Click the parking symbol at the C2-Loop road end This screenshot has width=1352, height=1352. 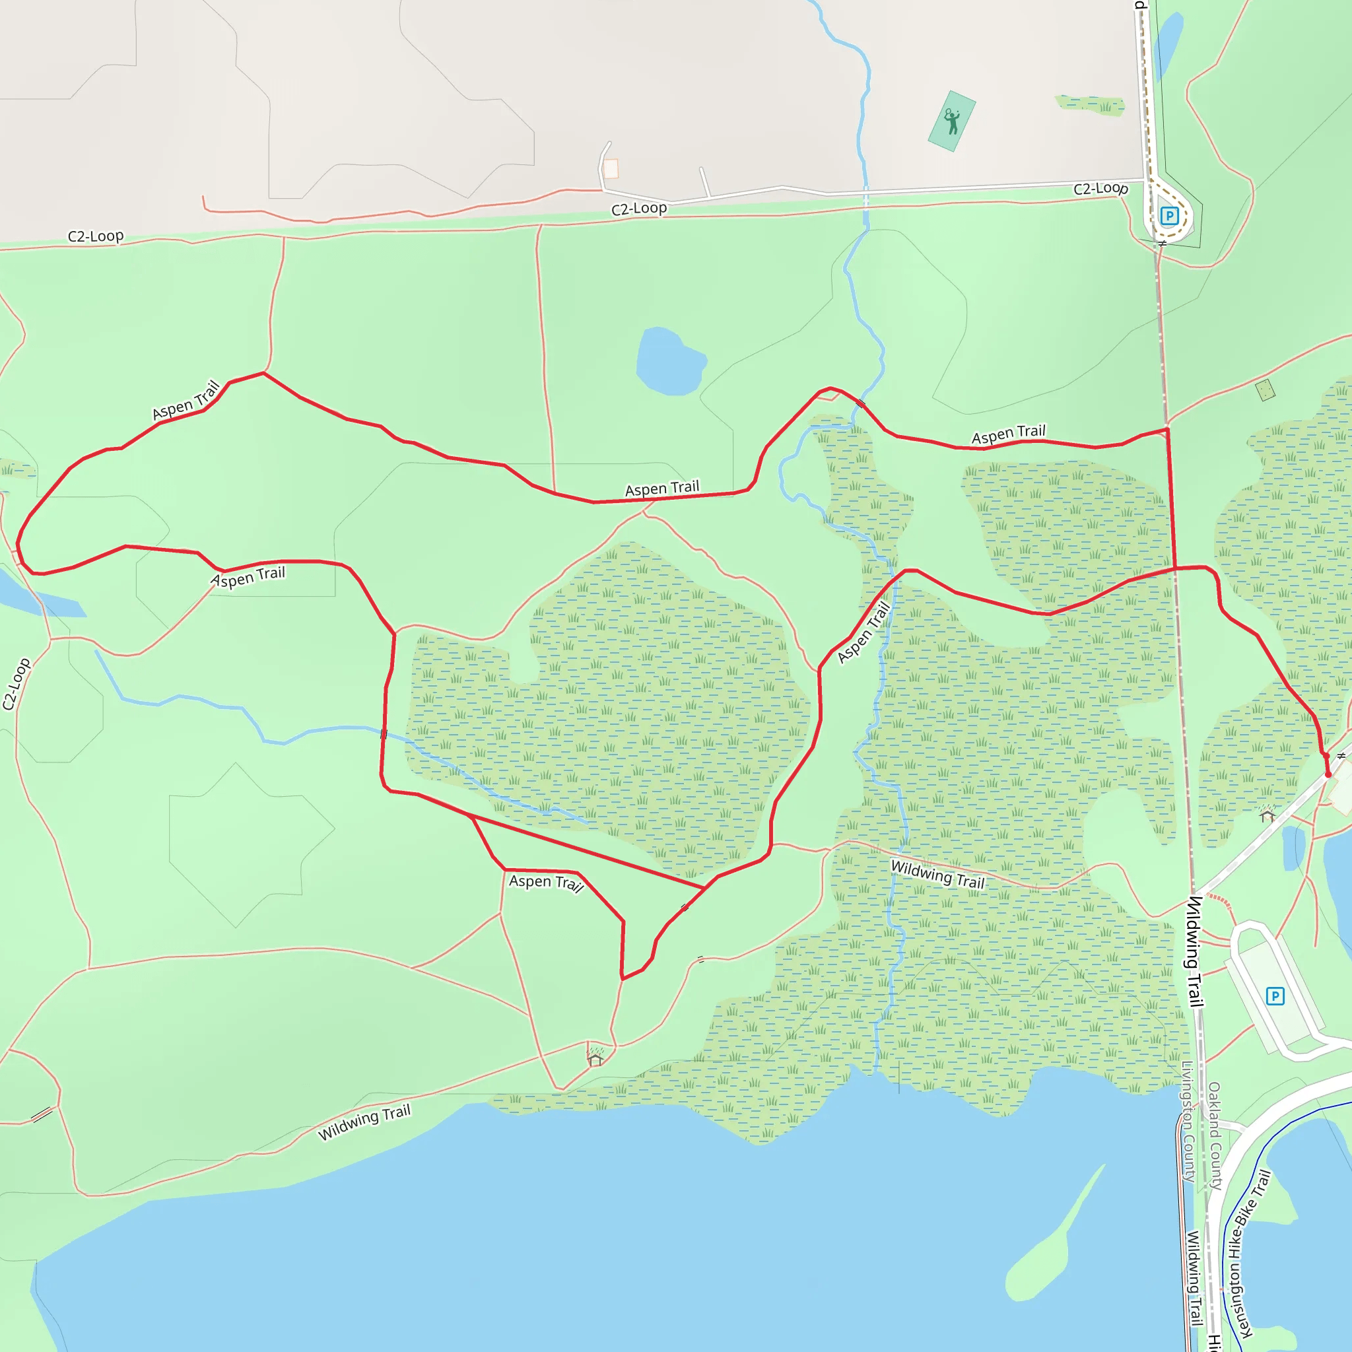pyautogui.click(x=1168, y=215)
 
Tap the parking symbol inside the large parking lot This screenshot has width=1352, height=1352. pyautogui.click(x=1275, y=996)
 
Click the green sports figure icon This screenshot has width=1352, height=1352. pyautogui.click(x=952, y=121)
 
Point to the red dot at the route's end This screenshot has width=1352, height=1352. pyautogui.click(x=1328, y=774)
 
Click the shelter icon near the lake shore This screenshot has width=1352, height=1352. pyautogui.click(x=595, y=1060)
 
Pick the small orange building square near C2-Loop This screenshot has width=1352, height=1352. pyautogui.click(x=611, y=168)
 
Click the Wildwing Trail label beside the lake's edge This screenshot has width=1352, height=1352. pyautogui.click(x=364, y=1122)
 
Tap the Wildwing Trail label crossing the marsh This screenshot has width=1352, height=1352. pyautogui.click(x=937, y=875)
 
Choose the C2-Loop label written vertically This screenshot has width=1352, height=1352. pyautogui.click(x=16, y=684)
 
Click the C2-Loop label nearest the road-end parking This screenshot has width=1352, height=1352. pyautogui.click(x=1100, y=188)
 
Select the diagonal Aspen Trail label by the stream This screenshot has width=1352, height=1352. pyautogui.click(x=864, y=632)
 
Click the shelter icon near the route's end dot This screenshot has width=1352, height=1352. pyautogui.click(x=1267, y=815)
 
